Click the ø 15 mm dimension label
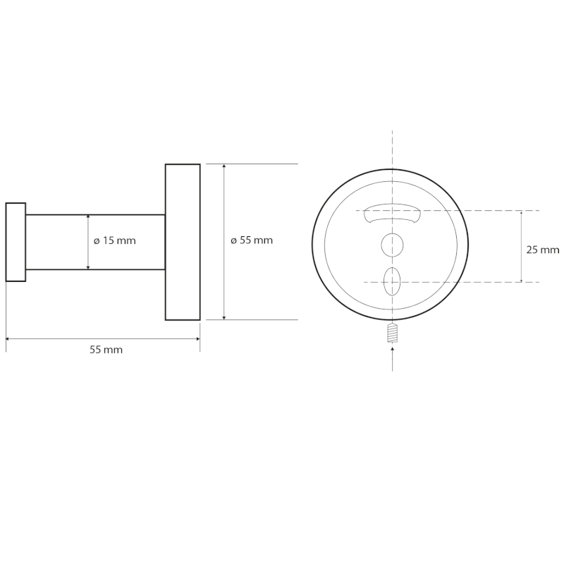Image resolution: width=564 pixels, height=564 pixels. [114, 240]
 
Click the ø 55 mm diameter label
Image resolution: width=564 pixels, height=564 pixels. [252, 240]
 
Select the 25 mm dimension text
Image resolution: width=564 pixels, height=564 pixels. [543, 250]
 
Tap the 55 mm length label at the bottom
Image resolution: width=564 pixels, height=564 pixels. [106, 350]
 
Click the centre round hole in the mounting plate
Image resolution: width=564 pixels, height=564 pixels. [393, 245]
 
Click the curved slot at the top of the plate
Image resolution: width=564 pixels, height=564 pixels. [392, 214]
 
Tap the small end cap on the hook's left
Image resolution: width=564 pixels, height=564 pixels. [16, 242]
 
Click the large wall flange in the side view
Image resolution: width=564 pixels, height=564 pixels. [183, 242]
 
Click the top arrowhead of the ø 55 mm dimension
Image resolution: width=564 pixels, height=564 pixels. [224, 166]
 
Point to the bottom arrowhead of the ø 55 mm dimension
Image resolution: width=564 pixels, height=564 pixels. [224, 317]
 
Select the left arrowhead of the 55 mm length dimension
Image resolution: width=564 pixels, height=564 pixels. [8, 339]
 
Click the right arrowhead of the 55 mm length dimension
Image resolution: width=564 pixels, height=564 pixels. [197, 339]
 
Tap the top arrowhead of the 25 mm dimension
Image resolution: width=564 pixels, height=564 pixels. [521, 213]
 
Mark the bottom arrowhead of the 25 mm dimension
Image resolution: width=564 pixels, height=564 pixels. [521, 279]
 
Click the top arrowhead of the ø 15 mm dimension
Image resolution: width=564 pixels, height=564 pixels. [88, 218]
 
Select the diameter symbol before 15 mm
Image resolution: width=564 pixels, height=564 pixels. [96, 241]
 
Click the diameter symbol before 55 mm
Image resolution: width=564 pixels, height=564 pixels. [233, 241]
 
